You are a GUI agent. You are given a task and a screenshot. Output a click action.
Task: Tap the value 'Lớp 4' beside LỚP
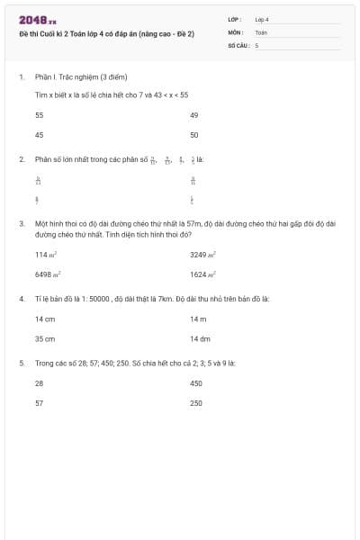coord(262,19)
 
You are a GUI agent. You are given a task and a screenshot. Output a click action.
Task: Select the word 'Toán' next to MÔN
coord(261,31)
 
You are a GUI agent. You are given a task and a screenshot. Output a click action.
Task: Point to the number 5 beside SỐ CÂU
coord(256,44)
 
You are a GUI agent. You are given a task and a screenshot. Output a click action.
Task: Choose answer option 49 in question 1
coord(194,115)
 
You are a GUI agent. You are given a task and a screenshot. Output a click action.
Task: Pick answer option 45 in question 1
coord(39,134)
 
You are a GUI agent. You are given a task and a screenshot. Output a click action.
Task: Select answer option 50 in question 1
coord(194,134)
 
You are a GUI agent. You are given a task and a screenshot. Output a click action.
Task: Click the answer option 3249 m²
coord(202,255)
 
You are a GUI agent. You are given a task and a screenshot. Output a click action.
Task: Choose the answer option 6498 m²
coord(48,274)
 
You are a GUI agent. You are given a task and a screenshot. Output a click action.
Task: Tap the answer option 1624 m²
coord(202,274)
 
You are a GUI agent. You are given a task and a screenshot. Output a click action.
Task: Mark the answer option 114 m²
coord(46,255)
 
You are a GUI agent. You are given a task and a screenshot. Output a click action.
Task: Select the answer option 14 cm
coord(45,319)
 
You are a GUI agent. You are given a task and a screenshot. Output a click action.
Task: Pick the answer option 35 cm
coord(45,339)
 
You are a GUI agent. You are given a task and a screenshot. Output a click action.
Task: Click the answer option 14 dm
coord(200,339)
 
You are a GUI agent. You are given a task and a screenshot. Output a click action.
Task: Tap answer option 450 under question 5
coord(196,383)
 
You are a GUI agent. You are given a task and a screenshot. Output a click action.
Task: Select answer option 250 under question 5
coord(196,403)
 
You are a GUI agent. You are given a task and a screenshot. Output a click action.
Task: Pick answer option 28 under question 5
coord(39,383)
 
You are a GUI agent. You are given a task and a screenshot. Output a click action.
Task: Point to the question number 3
coord(21,221)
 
